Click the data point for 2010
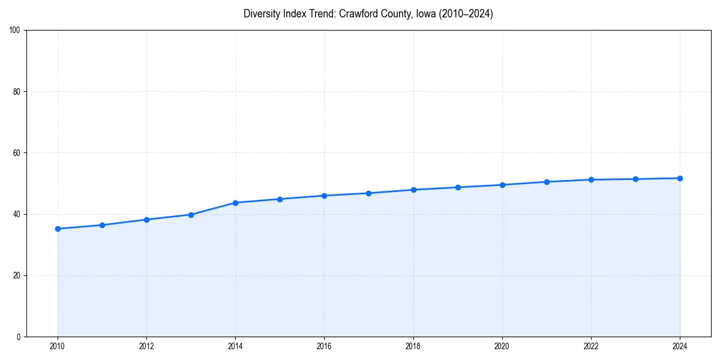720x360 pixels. coord(58,229)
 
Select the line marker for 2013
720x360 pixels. coord(191,215)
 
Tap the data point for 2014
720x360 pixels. coord(235,203)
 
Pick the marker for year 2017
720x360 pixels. coord(368,193)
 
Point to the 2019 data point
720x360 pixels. coord(458,187)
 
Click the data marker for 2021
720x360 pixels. coord(547,182)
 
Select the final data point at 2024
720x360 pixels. coord(680,178)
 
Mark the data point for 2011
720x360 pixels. coord(102,225)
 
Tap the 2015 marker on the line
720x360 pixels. coord(280,199)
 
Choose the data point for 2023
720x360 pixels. coord(635,179)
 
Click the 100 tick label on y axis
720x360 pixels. coord(15,31)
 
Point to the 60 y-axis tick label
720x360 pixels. coord(17,153)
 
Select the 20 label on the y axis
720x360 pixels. coord(17,275)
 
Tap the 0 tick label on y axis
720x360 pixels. coord(19,337)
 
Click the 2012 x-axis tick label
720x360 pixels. coord(146,346)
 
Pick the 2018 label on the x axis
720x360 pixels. coord(413,346)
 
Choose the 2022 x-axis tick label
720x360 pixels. coord(591,346)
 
